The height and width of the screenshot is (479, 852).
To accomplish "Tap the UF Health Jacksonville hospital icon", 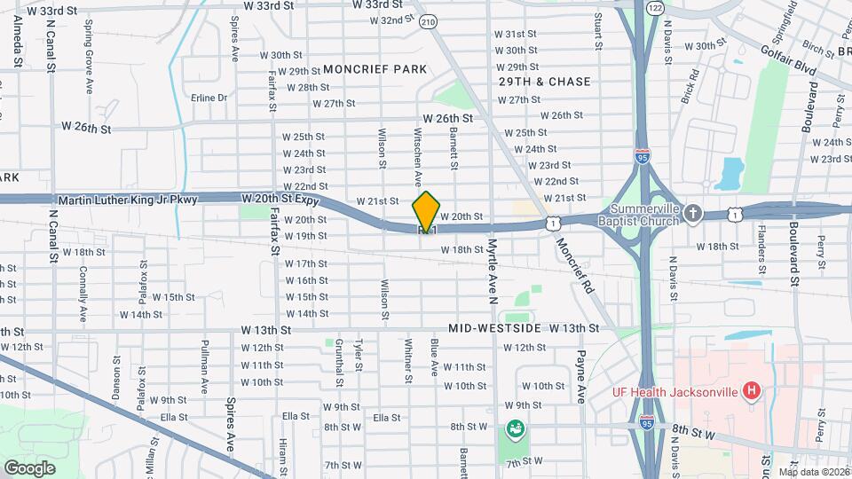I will tap(752, 390).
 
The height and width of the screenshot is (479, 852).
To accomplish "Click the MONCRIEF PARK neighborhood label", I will tap(375, 69).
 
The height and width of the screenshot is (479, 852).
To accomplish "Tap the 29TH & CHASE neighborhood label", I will tap(544, 82).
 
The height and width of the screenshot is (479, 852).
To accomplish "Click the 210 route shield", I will tap(430, 21).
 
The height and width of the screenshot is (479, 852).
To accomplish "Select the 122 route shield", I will tap(655, 7).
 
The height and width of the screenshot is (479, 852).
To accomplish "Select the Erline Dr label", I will tap(209, 98).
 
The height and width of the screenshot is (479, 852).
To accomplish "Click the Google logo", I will tap(29, 467).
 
